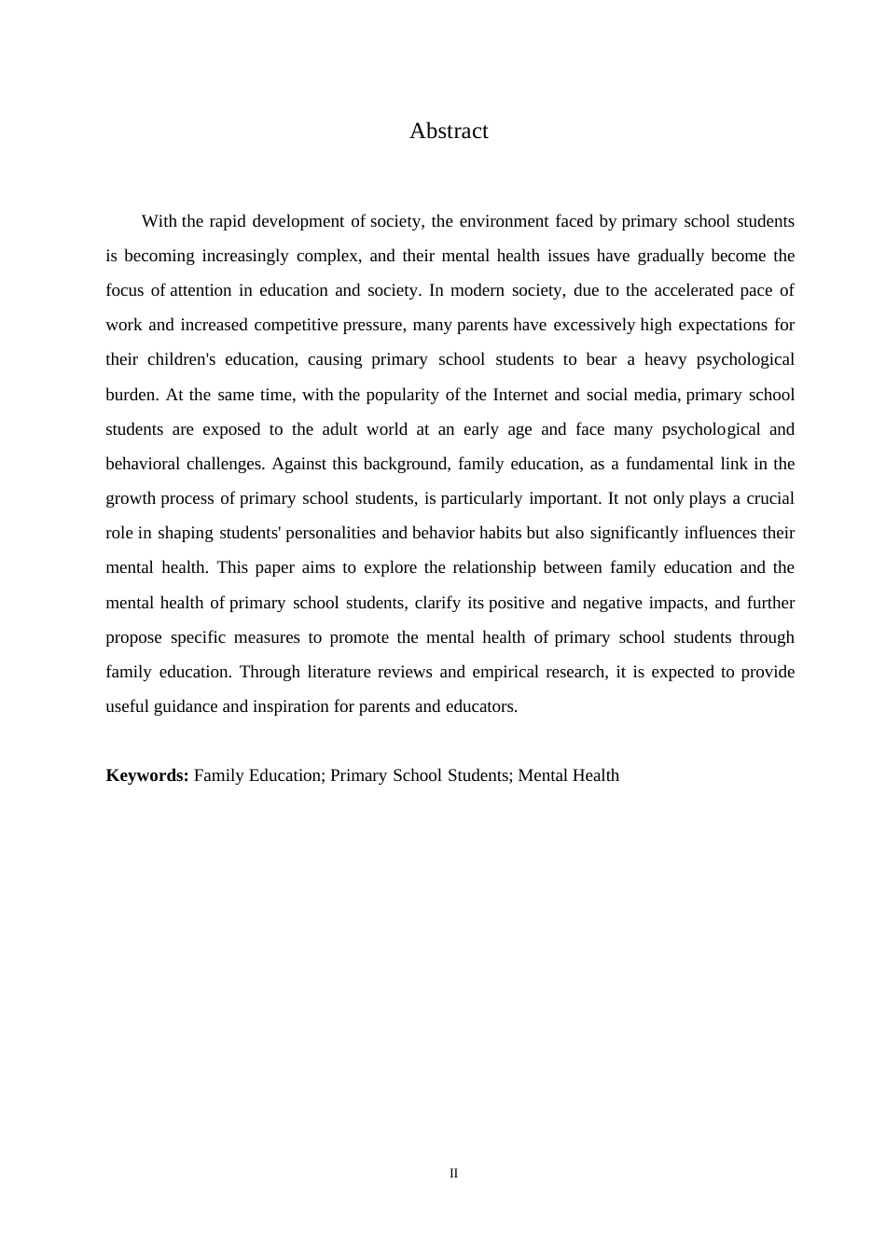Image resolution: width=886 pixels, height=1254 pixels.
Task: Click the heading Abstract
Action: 449,132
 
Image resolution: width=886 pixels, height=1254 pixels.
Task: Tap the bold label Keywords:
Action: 147,775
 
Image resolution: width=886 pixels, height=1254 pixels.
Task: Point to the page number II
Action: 453,1174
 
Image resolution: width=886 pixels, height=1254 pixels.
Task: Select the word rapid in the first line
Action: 228,221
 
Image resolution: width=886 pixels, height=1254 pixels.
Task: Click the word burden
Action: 131,395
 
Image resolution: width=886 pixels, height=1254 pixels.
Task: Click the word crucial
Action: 770,498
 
